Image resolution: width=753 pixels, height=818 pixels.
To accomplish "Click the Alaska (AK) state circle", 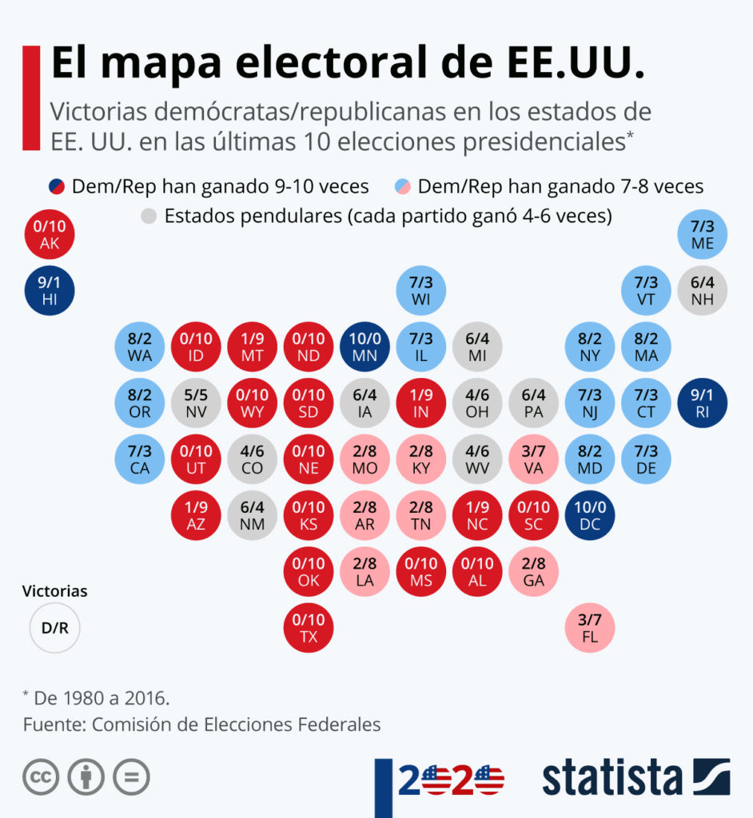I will (x=50, y=235).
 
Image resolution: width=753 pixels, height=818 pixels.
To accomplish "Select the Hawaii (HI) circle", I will (x=50, y=291).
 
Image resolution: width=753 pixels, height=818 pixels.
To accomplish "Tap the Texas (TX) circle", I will (x=309, y=628).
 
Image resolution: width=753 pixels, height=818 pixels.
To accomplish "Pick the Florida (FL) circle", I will (x=590, y=628).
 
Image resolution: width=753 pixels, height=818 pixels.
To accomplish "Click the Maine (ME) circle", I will (x=702, y=235).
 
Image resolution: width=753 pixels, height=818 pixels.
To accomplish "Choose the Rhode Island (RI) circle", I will (x=702, y=403).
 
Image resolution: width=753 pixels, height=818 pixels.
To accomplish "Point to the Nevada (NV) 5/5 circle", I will (x=196, y=403).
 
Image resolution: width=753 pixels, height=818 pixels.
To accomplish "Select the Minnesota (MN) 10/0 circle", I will (x=365, y=347).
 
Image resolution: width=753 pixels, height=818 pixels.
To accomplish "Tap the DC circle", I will (x=590, y=515).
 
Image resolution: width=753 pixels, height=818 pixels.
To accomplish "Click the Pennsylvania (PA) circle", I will (x=533, y=403).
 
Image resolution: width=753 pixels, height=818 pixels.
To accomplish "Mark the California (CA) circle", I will (x=140, y=459).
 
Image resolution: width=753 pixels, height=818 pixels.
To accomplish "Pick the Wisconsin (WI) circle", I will (x=420, y=291).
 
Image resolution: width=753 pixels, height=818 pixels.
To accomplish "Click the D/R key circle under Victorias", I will (x=55, y=628).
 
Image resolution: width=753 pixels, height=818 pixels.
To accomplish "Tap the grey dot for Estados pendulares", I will (x=148, y=216).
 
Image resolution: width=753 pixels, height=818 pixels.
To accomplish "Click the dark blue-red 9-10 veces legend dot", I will (x=56, y=187).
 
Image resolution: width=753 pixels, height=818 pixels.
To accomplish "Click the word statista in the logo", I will (x=612, y=779).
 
